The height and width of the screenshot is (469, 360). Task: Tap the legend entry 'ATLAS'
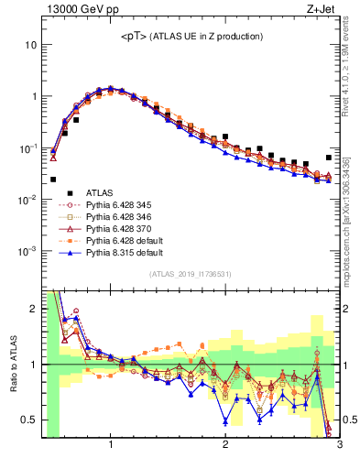click(x=100, y=192)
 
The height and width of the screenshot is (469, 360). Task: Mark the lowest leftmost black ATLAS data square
click(x=53, y=180)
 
